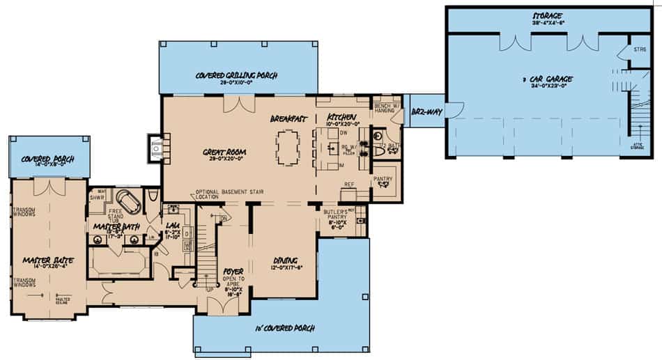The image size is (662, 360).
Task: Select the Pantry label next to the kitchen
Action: [383, 179]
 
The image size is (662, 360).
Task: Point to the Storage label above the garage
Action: [548, 16]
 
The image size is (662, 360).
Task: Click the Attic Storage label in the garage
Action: [637, 146]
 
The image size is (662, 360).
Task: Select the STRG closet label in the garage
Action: [640, 49]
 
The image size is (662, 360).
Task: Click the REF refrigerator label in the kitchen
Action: [350, 185]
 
